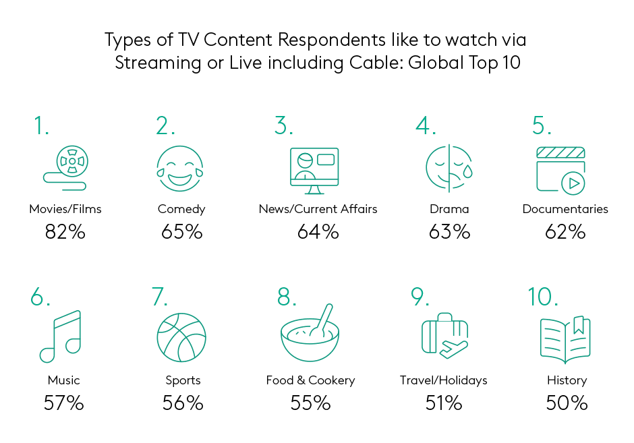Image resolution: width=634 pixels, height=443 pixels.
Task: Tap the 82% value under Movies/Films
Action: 65,232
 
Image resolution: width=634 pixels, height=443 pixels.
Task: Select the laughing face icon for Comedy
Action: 180,169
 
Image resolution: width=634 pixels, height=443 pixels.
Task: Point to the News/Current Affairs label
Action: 318,209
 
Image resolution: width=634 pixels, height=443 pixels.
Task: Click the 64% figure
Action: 318,232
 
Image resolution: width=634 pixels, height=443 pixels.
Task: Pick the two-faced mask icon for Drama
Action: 449,168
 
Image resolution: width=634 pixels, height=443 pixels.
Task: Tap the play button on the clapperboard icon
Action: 573,183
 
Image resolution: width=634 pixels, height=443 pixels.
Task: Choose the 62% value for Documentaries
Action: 565,232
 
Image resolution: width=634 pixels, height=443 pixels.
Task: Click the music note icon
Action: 61,336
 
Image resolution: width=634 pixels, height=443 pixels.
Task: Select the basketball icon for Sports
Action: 181,337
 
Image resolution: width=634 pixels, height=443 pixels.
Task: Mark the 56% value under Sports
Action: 183,403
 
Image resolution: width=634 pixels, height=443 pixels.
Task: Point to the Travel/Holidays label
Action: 444,380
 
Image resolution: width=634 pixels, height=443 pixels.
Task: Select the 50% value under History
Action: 567,403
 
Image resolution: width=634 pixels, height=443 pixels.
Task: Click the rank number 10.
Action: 543,297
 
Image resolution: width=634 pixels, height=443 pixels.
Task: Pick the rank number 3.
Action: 283,125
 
